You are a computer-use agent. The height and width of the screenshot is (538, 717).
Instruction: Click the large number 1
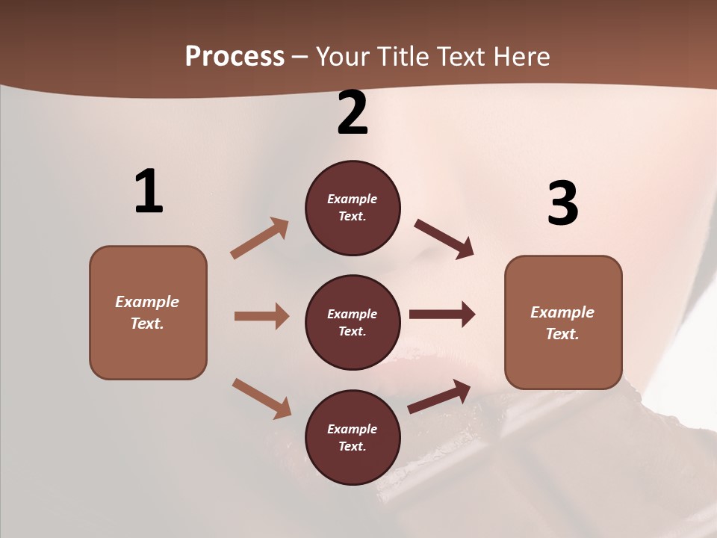pos(149,191)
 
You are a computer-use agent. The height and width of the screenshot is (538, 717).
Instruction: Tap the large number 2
pos(353,113)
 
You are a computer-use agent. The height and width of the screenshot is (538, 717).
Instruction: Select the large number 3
pos(562,203)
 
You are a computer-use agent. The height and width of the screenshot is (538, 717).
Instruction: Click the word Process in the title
pos(235,56)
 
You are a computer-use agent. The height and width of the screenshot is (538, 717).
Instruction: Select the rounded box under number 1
pos(148,312)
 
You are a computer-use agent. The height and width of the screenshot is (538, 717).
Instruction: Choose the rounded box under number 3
pos(563,323)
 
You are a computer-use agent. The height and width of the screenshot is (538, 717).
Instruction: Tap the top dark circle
pos(353,208)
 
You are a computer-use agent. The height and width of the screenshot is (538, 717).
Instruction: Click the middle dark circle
pos(353,322)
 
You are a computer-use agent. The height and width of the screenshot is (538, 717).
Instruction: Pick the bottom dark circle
pos(353,437)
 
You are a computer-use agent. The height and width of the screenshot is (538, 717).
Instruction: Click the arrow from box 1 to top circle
pos(260,238)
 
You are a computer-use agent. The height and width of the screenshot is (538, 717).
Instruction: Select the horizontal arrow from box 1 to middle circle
pos(261,316)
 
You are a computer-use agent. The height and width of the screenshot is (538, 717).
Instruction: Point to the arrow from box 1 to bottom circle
pos(261,398)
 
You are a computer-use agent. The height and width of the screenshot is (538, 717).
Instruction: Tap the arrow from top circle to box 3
pos(444,238)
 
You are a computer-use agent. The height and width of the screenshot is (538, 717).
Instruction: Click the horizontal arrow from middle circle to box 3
pos(442,315)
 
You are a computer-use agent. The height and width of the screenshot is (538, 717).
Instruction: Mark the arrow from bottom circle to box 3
pos(440,396)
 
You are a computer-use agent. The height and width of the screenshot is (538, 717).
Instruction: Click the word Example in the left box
pos(147,302)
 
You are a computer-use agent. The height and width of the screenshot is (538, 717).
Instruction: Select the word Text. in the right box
pos(562,334)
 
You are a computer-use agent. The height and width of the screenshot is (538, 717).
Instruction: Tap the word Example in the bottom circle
pos(353,429)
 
